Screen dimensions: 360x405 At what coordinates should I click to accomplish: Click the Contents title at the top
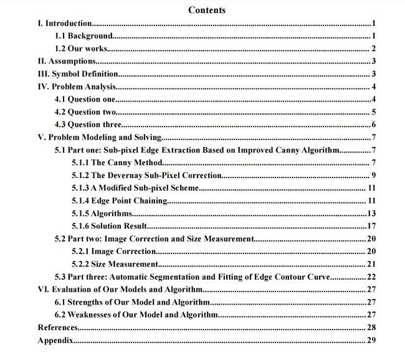[x=206, y=10]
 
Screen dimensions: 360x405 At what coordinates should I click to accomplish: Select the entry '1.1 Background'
[x=83, y=36]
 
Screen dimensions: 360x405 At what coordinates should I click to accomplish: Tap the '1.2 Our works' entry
[x=81, y=49]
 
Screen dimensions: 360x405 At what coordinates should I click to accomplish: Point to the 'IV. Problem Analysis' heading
[x=77, y=87]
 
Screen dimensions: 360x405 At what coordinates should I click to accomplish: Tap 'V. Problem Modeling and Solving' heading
[x=100, y=138]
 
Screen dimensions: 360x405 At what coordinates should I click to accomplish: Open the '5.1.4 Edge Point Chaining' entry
[x=120, y=201]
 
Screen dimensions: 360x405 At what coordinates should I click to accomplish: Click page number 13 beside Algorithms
[x=370, y=213]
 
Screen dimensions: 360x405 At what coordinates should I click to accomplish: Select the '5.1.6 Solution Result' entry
[x=110, y=225]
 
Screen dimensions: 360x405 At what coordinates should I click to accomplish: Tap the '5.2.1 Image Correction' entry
[x=113, y=251]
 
